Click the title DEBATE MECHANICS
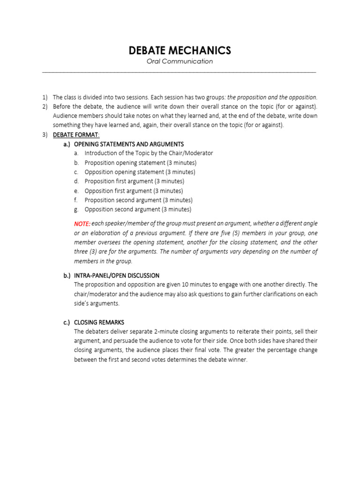click(180, 51)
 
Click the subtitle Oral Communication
click(180, 61)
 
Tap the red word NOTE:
click(82, 224)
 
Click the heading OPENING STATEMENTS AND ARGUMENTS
click(129, 144)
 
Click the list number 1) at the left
click(45, 97)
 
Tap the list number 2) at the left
click(45, 107)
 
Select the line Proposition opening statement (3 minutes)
click(140, 163)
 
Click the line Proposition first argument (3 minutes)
click(134, 181)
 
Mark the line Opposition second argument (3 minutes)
click(138, 210)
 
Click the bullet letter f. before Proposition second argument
click(76, 200)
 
